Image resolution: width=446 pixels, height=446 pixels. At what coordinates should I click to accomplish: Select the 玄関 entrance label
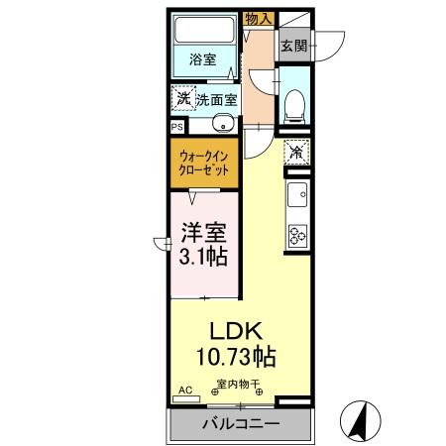coord(294,46)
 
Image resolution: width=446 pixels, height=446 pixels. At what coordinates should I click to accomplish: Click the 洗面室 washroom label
coord(216,99)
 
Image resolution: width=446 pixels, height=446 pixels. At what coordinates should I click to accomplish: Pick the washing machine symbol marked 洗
coord(181,98)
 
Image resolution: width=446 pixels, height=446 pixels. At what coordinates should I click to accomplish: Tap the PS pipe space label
coord(177,127)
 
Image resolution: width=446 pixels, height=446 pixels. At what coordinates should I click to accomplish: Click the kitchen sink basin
coord(296,195)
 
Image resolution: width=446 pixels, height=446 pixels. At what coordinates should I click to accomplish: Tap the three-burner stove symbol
coord(296,235)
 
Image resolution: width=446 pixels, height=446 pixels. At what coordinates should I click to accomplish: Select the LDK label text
coord(234,331)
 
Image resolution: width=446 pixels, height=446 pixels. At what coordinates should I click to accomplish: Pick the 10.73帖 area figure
coord(235,356)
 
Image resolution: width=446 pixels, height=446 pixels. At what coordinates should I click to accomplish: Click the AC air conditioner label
coord(183,391)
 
